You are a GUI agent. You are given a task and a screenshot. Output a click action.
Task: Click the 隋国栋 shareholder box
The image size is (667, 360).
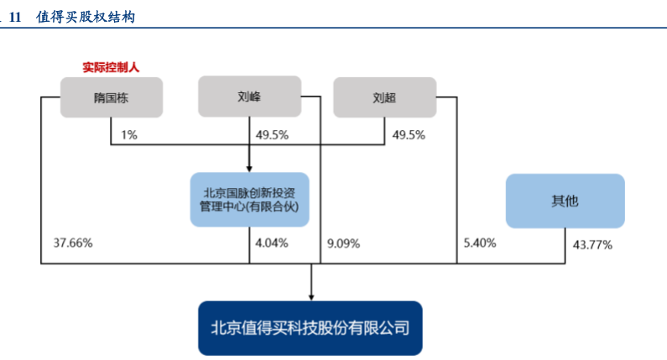pyautogui.click(x=111, y=97)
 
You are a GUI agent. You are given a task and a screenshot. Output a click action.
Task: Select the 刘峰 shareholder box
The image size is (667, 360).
pyautogui.click(x=249, y=97)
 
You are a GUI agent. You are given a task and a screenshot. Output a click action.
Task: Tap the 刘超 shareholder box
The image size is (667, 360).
pyautogui.click(x=384, y=97)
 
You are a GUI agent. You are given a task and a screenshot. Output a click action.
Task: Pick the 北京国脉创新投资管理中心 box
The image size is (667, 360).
pyautogui.click(x=249, y=199)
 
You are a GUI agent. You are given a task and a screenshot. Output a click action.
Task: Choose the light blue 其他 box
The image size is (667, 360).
pyautogui.click(x=565, y=201)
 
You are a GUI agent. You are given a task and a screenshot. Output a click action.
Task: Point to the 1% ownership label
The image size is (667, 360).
pyautogui.click(x=129, y=134)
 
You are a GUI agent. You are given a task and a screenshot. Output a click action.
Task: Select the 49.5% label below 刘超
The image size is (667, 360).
pyautogui.click(x=409, y=134)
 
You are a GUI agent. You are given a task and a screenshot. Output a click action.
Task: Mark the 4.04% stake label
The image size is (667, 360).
pyautogui.click(x=271, y=243)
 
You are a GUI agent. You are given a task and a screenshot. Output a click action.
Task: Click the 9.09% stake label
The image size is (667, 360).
pyautogui.click(x=342, y=243)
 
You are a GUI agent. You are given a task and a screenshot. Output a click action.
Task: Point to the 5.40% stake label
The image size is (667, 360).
pyautogui.click(x=479, y=243)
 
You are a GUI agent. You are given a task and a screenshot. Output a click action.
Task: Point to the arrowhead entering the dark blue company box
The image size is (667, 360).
pyautogui.click(x=311, y=296)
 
